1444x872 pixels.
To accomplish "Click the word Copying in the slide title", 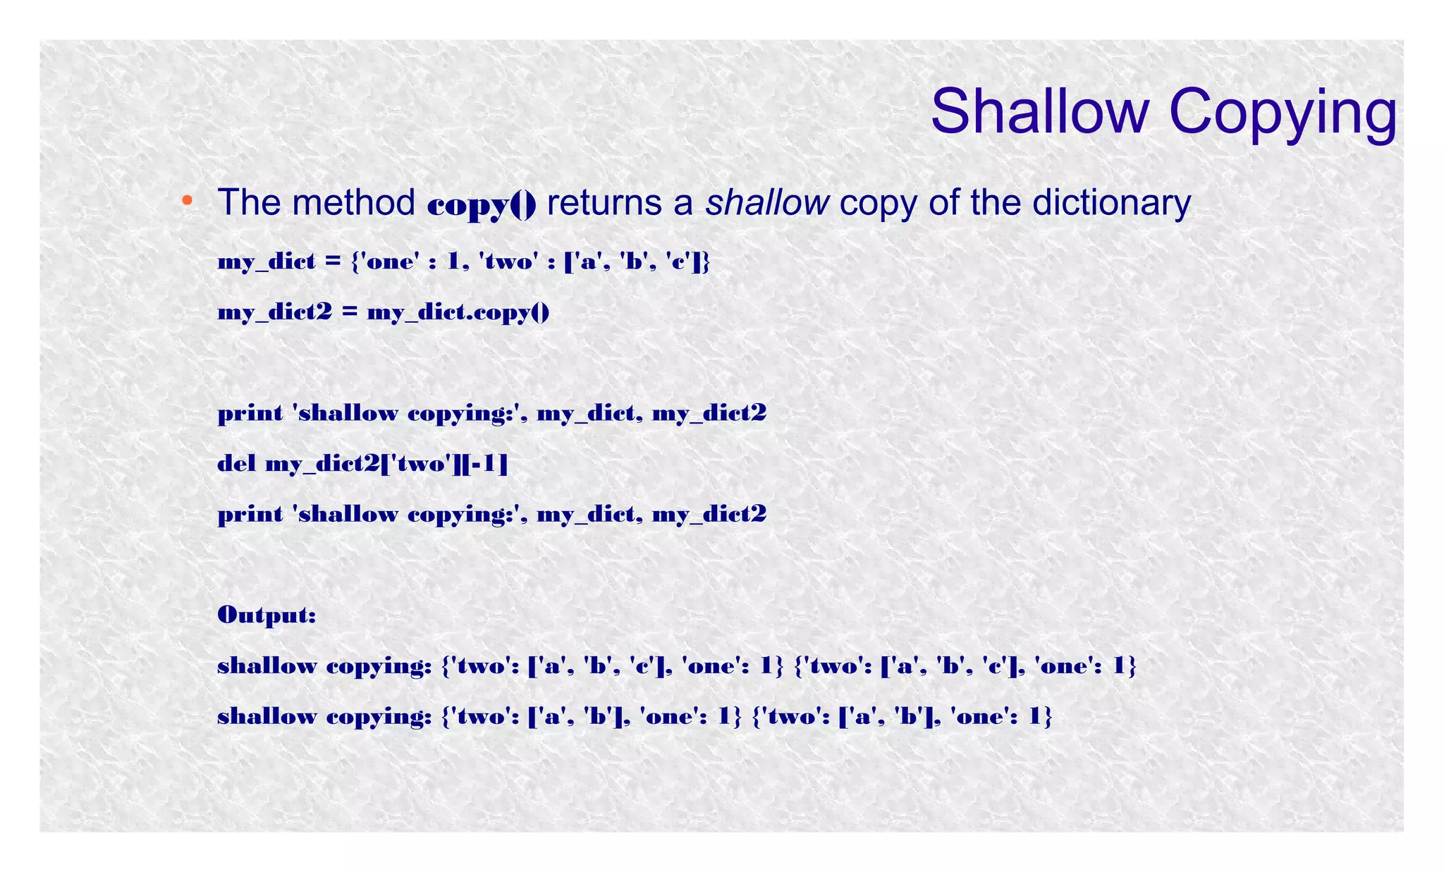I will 1283,113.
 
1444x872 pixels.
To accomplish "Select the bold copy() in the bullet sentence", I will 482,204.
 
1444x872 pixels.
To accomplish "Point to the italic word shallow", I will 767,202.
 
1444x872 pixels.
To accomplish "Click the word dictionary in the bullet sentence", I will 1111,202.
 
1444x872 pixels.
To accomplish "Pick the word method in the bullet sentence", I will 354,202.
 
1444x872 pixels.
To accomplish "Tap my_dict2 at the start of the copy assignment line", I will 274,312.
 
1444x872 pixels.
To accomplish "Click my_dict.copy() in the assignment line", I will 458,312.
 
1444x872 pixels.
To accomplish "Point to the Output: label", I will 267,615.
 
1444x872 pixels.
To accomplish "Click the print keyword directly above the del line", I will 250,413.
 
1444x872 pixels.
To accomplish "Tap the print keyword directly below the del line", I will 250,515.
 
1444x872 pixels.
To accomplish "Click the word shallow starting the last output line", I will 267,716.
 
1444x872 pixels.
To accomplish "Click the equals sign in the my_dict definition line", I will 332,262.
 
